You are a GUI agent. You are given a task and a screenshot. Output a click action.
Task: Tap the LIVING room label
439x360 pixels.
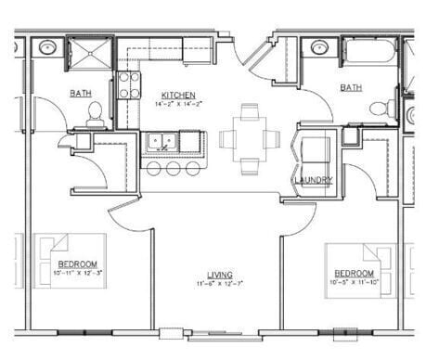pos(220,274)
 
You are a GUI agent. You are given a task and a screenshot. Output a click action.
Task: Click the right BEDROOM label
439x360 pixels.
pos(354,273)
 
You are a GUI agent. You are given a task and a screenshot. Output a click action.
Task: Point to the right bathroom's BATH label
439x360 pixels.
pos(351,87)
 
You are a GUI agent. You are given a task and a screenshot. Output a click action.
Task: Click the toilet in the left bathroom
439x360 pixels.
pos(94,113)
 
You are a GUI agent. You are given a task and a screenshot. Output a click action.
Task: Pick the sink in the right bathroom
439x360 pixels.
pos(319,47)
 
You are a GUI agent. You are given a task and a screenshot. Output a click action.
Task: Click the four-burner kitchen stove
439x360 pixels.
pos(129,85)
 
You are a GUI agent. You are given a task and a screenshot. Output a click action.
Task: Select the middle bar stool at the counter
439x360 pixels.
pos(173,169)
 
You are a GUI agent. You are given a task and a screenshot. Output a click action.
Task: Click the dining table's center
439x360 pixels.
pos(250,139)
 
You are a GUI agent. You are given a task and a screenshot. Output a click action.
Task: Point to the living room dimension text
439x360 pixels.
pos(220,283)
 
